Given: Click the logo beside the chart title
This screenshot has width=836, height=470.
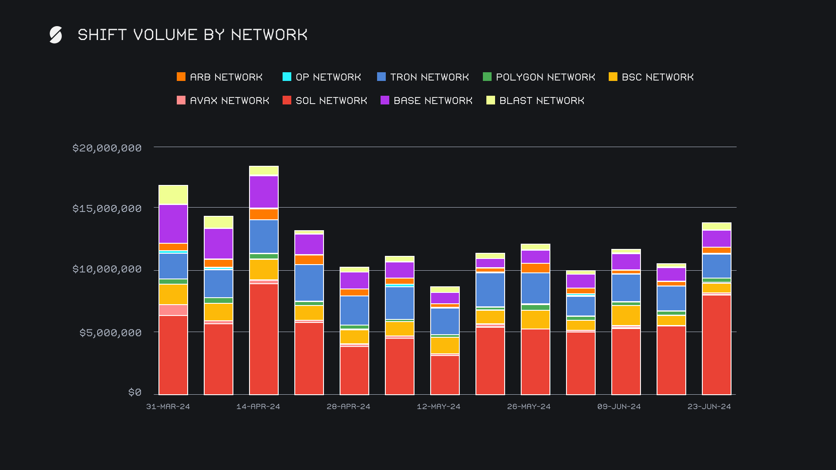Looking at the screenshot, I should click(56, 35).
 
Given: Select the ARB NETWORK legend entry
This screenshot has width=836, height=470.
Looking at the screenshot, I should click(220, 77).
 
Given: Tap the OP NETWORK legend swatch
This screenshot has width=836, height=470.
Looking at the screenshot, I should click(287, 77).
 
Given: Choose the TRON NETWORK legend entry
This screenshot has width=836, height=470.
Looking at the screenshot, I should click(423, 77).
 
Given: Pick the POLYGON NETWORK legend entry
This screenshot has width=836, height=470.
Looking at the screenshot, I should click(539, 77).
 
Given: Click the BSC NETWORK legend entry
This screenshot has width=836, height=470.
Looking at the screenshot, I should click(651, 77).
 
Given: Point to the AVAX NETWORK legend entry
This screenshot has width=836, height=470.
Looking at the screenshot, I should click(223, 101).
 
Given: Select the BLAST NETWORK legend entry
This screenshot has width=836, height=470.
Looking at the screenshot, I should click(535, 101).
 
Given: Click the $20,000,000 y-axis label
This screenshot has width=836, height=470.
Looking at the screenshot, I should click(107, 148).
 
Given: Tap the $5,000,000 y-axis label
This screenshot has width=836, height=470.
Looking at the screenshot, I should click(111, 333).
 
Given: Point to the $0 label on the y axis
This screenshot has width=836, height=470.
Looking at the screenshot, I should click(135, 393).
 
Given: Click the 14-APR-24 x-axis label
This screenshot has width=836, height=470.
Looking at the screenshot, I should click(258, 406).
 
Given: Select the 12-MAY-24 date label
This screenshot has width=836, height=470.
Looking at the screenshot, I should click(438, 406).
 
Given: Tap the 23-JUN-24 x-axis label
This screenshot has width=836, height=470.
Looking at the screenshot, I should click(709, 406).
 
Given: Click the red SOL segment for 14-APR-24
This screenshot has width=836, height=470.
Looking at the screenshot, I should click(264, 339).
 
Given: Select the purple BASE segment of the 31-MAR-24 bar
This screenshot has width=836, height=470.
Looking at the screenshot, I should click(173, 224).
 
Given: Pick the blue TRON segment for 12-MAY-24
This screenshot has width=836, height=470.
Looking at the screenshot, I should click(445, 321).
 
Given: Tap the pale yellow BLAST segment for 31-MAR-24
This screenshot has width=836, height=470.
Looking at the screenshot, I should click(173, 195).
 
